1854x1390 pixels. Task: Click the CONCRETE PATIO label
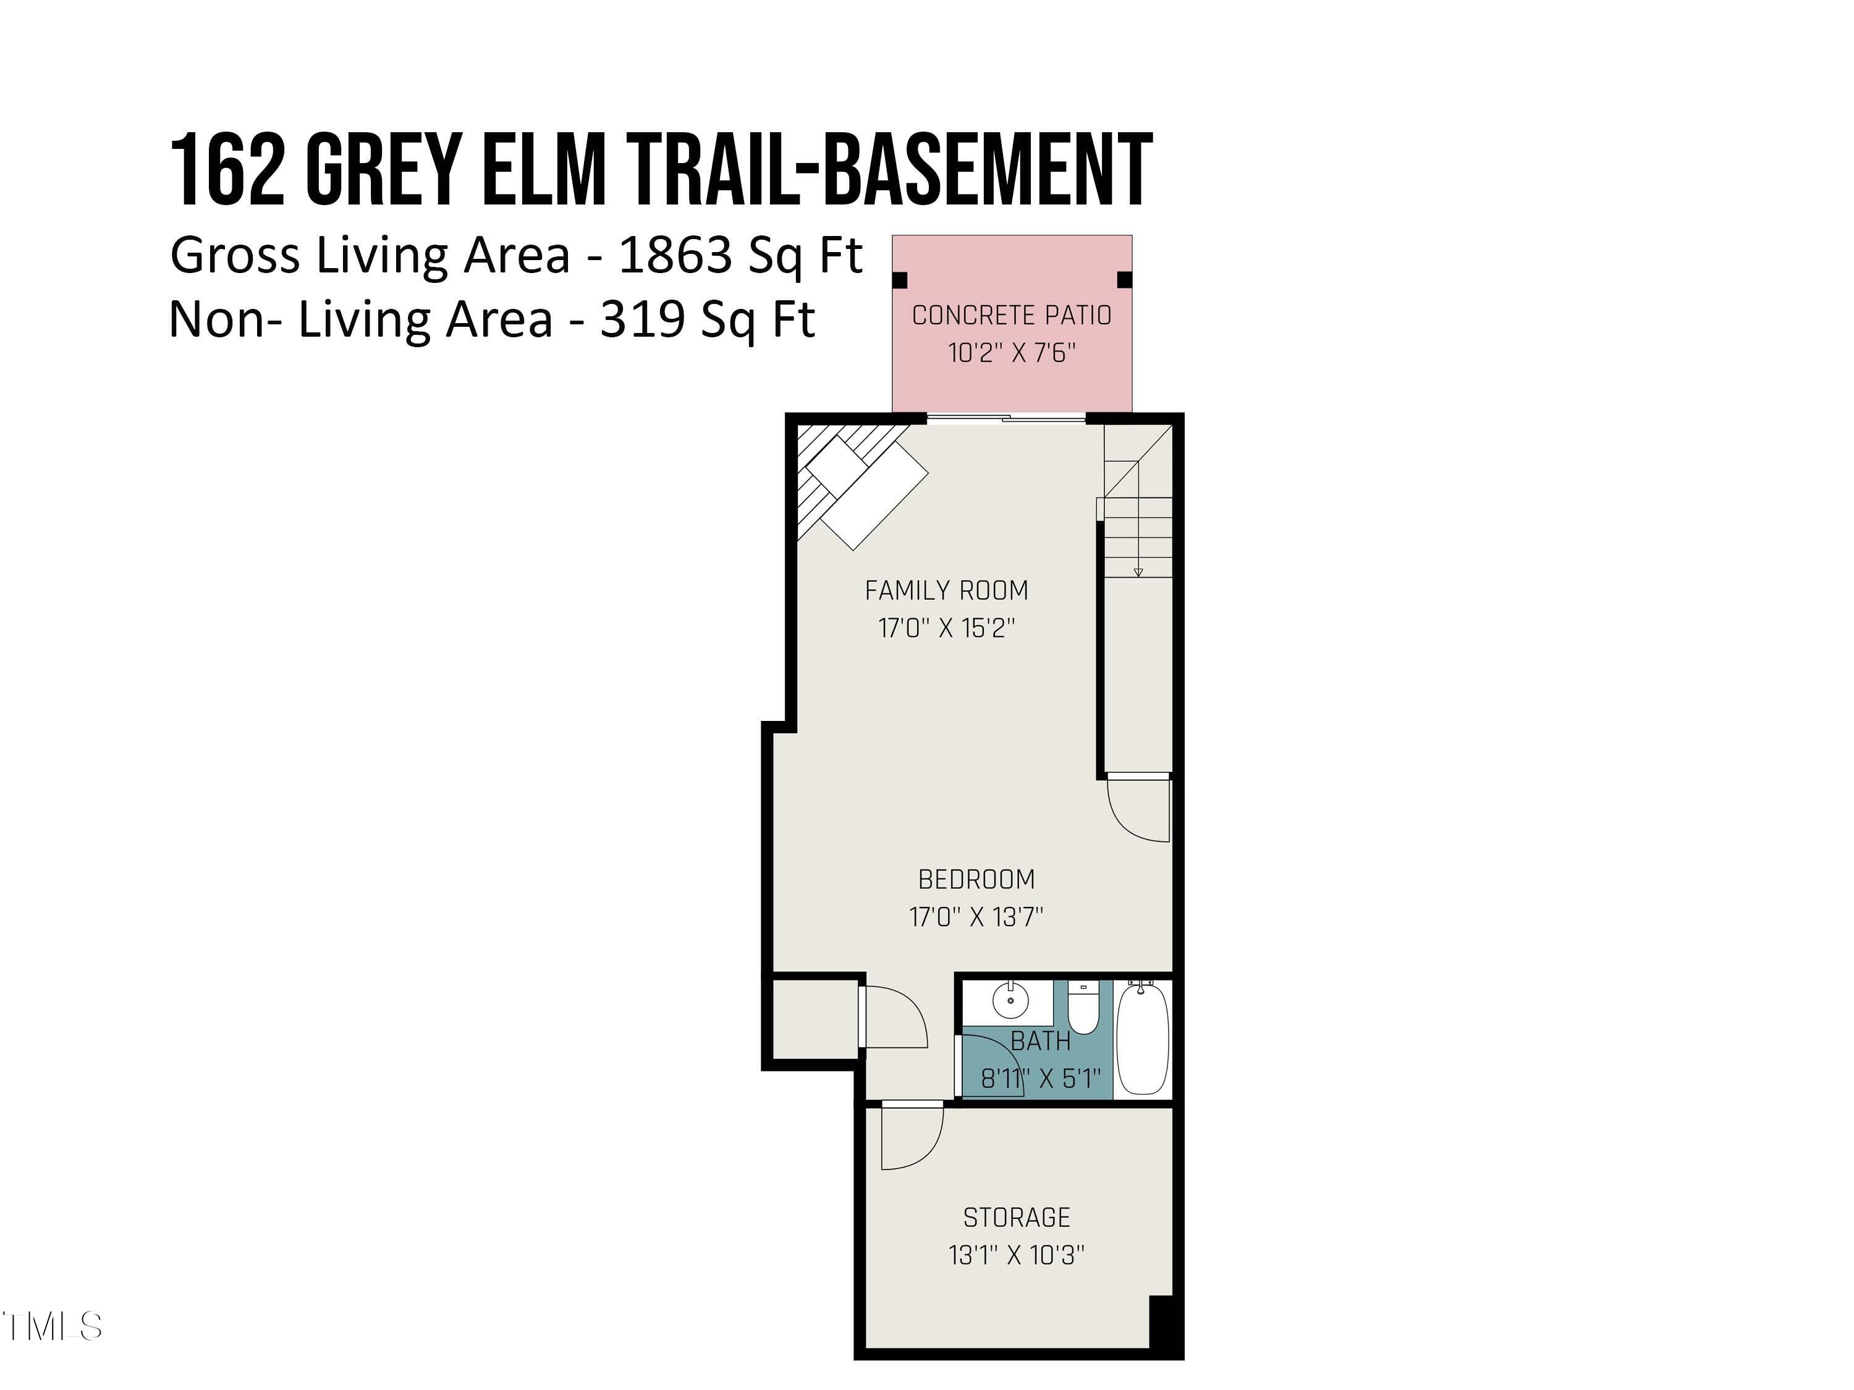pos(1012,316)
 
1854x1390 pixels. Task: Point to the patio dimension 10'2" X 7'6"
pos(1012,353)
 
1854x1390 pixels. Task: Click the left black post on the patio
pos(901,280)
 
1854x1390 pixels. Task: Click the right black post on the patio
pos(1125,280)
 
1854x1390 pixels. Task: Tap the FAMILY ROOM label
pos(946,591)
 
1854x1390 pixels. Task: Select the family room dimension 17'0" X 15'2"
pos(946,628)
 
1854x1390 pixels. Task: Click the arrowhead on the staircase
pos(1138,572)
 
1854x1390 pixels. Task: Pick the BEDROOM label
pos(976,880)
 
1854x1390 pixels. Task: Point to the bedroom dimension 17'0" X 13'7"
pos(976,917)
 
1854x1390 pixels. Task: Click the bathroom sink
pos(1010,1000)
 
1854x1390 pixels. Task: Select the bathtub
pos(1143,1042)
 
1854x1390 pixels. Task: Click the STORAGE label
pos(1017,1218)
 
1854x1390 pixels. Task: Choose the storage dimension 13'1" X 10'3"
pos(1017,1255)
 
